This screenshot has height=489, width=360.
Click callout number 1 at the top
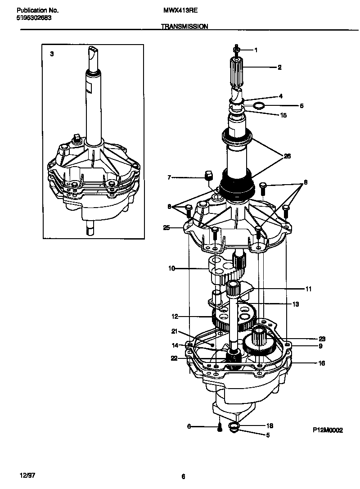pyautogui.click(x=256, y=50)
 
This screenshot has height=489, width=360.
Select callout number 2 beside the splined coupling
pyautogui.click(x=279, y=67)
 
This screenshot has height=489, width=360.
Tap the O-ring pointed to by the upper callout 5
pyautogui.click(x=258, y=106)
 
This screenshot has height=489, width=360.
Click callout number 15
pyautogui.click(x=283, y=115)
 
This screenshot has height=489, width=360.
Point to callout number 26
pyautogui.click(x=287, y=156)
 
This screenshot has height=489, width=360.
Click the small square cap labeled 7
pyautogui.click(x=208, y=175)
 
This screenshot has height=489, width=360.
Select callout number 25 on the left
pyautogui.click(x=166, y=228)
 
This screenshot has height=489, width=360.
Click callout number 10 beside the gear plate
pyautogui.click(x=171, y=269)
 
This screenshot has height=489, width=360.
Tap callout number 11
pyautogui.click(x=308, y=289)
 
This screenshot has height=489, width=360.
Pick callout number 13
pyautogui.click(x=296, y=304)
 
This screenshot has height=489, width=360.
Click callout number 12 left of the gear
pyautogui.click(x=175, y=317)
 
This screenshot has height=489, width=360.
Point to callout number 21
pyautogui.click(x=175, y=331)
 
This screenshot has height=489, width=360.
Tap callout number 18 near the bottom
pyautogui.click(x=270, y=426)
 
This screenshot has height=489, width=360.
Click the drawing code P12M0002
pyautogui.click(x=328, y=430)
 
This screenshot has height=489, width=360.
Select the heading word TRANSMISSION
pyautogui.click(x=184, y=27)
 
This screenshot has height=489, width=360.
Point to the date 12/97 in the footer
pyautogui.click(x=27, y=475)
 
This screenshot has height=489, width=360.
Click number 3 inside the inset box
pyautogui.click(x=52, y=54)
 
